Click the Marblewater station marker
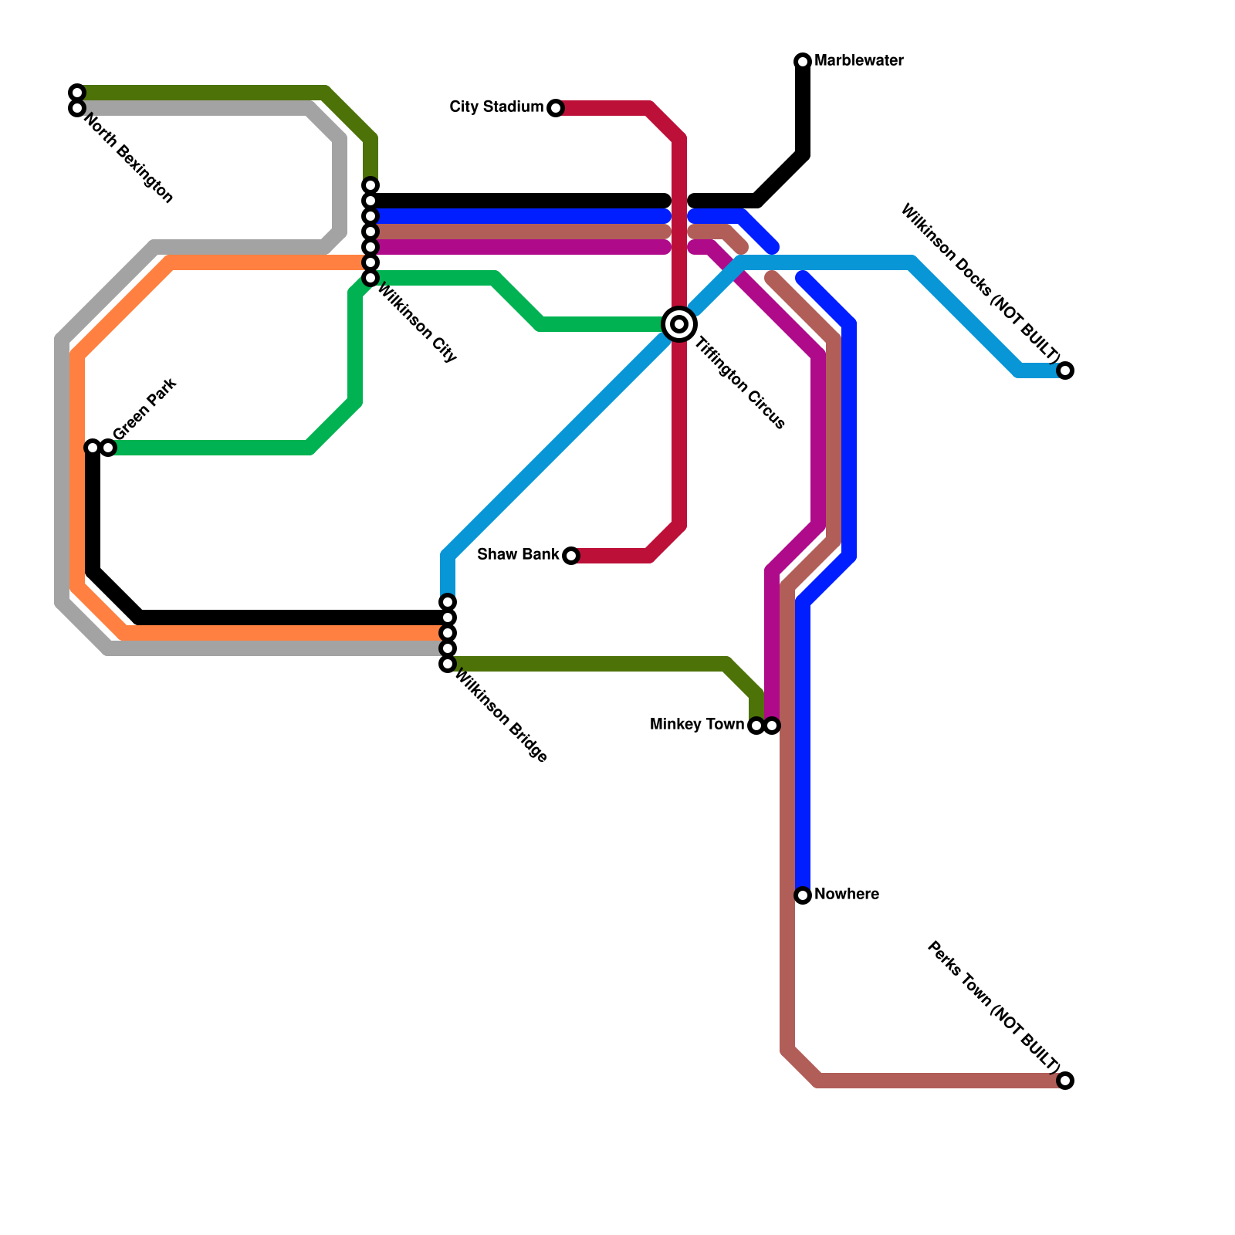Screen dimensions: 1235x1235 pyautogui.click(x=803, y=61)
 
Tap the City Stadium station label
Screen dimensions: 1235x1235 pyautogui.click(x=496, y=107)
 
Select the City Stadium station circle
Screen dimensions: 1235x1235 pyautogui.click(x=556, y=108)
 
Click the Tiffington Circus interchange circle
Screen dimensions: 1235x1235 pyautogui.click(x=679, y=324)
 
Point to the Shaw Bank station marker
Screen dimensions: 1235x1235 pyautogui.click(x=571, y=556)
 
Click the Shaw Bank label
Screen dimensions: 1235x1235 pyautogui.click(x=518, y=554)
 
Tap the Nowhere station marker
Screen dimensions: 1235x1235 pyautogui.click(x=803, y=895)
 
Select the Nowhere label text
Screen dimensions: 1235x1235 pyautogui.click(x=846, y=894)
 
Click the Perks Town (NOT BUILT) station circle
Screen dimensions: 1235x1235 pyautogui.click(x=1065, y=1081)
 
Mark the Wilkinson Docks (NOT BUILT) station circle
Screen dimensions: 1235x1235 pyautogui.click(x=1065, y=370)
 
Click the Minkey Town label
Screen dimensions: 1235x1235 pyautogui.click(x=696, y=724)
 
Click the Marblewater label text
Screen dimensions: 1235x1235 pyautogui.click(x=858, y=60)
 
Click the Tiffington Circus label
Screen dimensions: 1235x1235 pyautogui.click(x=740, y=383)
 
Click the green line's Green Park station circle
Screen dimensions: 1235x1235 pyautogui.click(x=108, y=448)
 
